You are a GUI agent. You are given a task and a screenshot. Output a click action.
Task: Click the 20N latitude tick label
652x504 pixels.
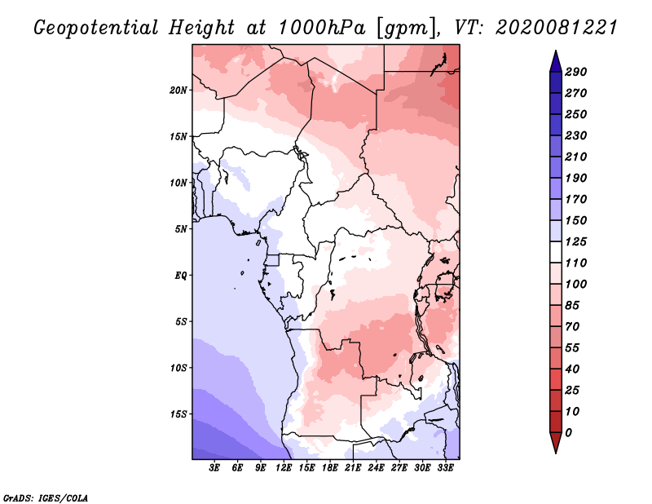click(178, 91)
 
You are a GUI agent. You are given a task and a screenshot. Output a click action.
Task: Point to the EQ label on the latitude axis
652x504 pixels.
click(180, 276)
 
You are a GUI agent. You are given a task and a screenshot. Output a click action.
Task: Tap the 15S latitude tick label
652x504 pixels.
click(178, 414)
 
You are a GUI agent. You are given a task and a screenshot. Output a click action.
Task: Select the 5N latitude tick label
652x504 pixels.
click(181, 229)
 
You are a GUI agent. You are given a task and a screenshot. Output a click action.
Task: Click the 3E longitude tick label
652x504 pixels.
click(214, 468)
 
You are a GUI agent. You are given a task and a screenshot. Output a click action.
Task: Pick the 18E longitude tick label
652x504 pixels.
click(330, 468)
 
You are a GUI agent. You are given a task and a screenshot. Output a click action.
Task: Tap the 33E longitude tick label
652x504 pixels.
click(445, 468)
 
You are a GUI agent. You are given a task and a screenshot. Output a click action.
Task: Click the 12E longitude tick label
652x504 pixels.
click(284, 468)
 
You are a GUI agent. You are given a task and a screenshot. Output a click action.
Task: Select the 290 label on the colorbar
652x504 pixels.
click(576, 72)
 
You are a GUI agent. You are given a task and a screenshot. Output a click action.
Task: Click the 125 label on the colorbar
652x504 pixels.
click(576, 241)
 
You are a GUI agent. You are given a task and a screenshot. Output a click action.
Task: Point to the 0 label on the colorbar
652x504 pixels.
click(569, 433)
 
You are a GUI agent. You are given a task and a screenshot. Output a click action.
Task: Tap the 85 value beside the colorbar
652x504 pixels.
click(572, 306)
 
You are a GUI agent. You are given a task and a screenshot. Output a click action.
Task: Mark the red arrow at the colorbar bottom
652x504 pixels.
click(556, 443)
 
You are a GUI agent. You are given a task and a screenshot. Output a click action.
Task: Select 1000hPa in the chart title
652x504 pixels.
click(321, 28)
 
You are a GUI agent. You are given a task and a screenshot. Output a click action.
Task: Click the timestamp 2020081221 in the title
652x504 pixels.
click(557, 28)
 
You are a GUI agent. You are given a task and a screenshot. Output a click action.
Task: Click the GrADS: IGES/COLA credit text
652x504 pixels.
click(46, 497)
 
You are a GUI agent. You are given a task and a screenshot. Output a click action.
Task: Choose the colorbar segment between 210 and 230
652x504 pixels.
click(556, 147)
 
